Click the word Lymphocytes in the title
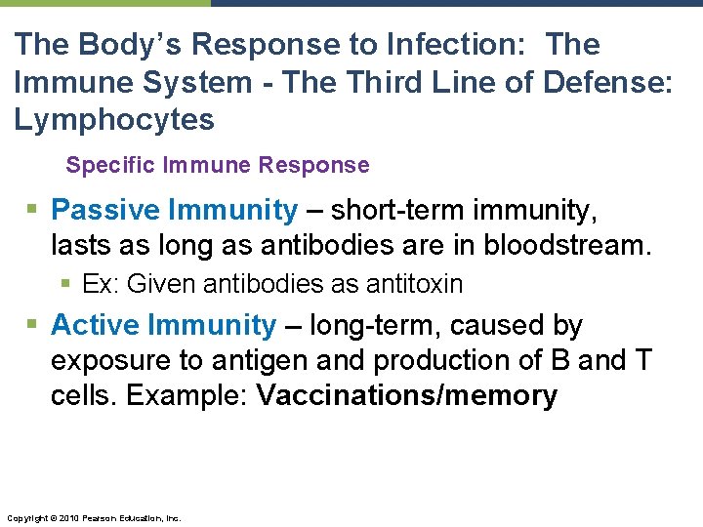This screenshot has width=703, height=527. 114,120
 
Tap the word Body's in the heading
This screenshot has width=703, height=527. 130,44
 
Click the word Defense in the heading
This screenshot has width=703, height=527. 605,82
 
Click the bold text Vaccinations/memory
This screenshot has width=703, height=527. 406,395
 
